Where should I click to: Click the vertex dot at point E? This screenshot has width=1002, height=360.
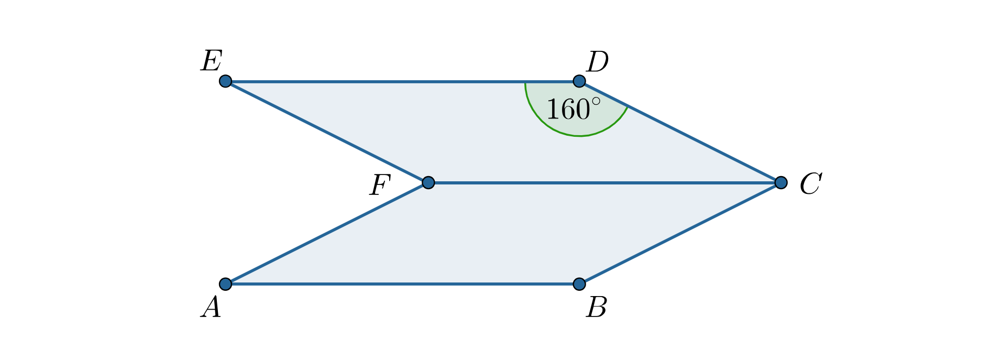225,81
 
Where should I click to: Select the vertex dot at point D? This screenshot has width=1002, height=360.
579,81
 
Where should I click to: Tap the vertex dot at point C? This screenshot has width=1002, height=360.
780,182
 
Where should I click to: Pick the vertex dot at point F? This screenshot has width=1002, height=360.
428,182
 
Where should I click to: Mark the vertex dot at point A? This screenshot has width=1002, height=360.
225,284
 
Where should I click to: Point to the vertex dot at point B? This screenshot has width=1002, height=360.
579,284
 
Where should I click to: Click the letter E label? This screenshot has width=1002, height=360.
212,61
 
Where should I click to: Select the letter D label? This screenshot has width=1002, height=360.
597,62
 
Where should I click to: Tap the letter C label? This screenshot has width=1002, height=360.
810,184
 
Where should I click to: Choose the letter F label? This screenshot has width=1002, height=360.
380,185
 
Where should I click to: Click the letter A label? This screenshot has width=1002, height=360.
211,307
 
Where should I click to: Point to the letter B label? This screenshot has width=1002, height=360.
597,308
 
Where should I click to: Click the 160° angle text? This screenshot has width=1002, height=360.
573,110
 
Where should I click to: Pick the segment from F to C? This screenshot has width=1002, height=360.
602,183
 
